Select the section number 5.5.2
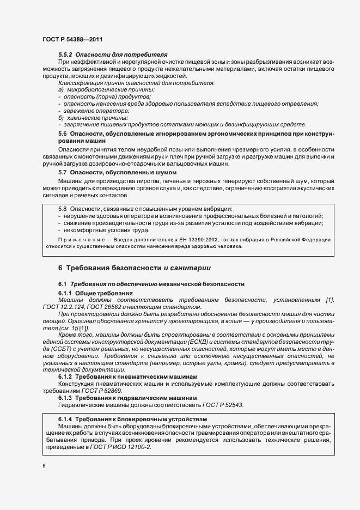pos(66,55)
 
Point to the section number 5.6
pos(62,133)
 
